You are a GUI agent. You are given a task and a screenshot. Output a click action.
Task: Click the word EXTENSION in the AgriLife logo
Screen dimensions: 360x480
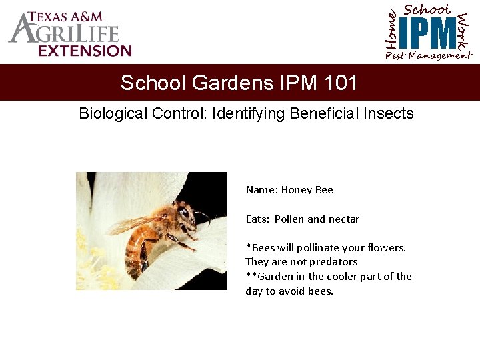tap(85, 51)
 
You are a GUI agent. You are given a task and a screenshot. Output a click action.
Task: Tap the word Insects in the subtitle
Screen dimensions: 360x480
tap(390, 113)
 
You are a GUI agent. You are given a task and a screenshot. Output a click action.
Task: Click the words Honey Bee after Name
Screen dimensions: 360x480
tap(307, 190)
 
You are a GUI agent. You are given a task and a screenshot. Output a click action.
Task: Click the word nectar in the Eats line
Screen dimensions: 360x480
tap(344, 219)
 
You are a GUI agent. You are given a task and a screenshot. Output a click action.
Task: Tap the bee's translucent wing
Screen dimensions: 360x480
tap(133, 225)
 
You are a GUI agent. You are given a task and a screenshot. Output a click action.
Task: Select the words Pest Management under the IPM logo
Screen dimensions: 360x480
tap(428, 56)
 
